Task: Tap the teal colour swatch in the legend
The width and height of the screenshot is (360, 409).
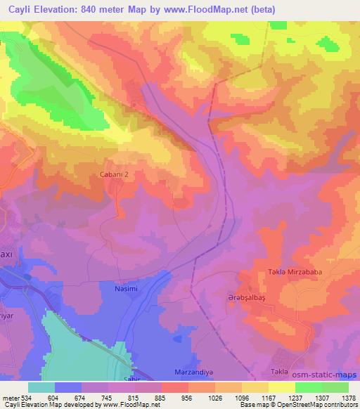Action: [41, 387]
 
